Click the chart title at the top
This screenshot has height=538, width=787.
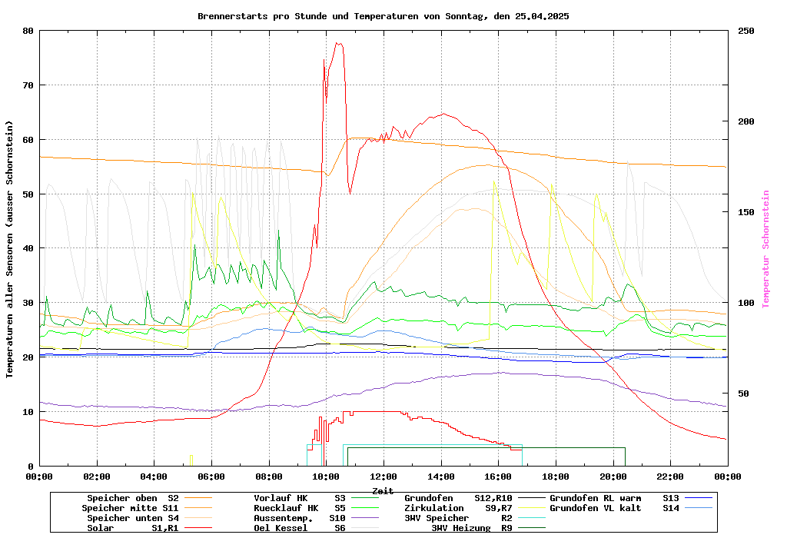coord(383,15)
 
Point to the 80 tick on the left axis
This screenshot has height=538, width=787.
coord(28,31)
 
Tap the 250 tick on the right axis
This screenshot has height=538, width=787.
coord(746,31)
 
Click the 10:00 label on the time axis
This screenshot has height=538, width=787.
coord(326,477)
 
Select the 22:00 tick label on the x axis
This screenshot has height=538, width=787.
coord(670,477)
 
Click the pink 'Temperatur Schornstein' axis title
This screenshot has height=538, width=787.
coord(765,249)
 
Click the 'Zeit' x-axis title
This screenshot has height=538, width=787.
coord(383,490)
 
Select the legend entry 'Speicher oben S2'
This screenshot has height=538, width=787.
coord(132,498)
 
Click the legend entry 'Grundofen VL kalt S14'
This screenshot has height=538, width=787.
coord(615,508)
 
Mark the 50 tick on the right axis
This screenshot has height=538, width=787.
coord(743,394)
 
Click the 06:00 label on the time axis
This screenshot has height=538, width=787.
coord(211,477)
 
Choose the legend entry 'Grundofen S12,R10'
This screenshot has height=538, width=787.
coord(458,498)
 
